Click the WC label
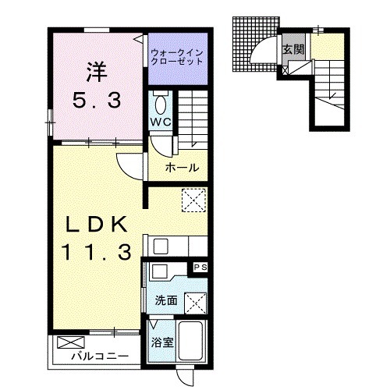[161, 122]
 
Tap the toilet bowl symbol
[161, 105]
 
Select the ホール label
[182, 168]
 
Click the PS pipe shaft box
[200, 267]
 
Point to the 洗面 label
[166, 300]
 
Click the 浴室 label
[162, 342]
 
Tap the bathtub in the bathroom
[191, 341]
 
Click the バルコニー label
[100, 356]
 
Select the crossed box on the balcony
[71, 342]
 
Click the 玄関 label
[294, 49]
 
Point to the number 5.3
[97, 101]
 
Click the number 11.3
[96, 253]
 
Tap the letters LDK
[97, 225]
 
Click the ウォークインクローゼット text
[177, 57]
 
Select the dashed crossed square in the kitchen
[193, 200]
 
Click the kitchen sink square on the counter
[161, 246]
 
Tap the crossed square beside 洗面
[195, 303]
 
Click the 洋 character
[97, 72]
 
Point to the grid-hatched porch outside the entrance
[254, 44]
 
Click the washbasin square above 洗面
[159, 271]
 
